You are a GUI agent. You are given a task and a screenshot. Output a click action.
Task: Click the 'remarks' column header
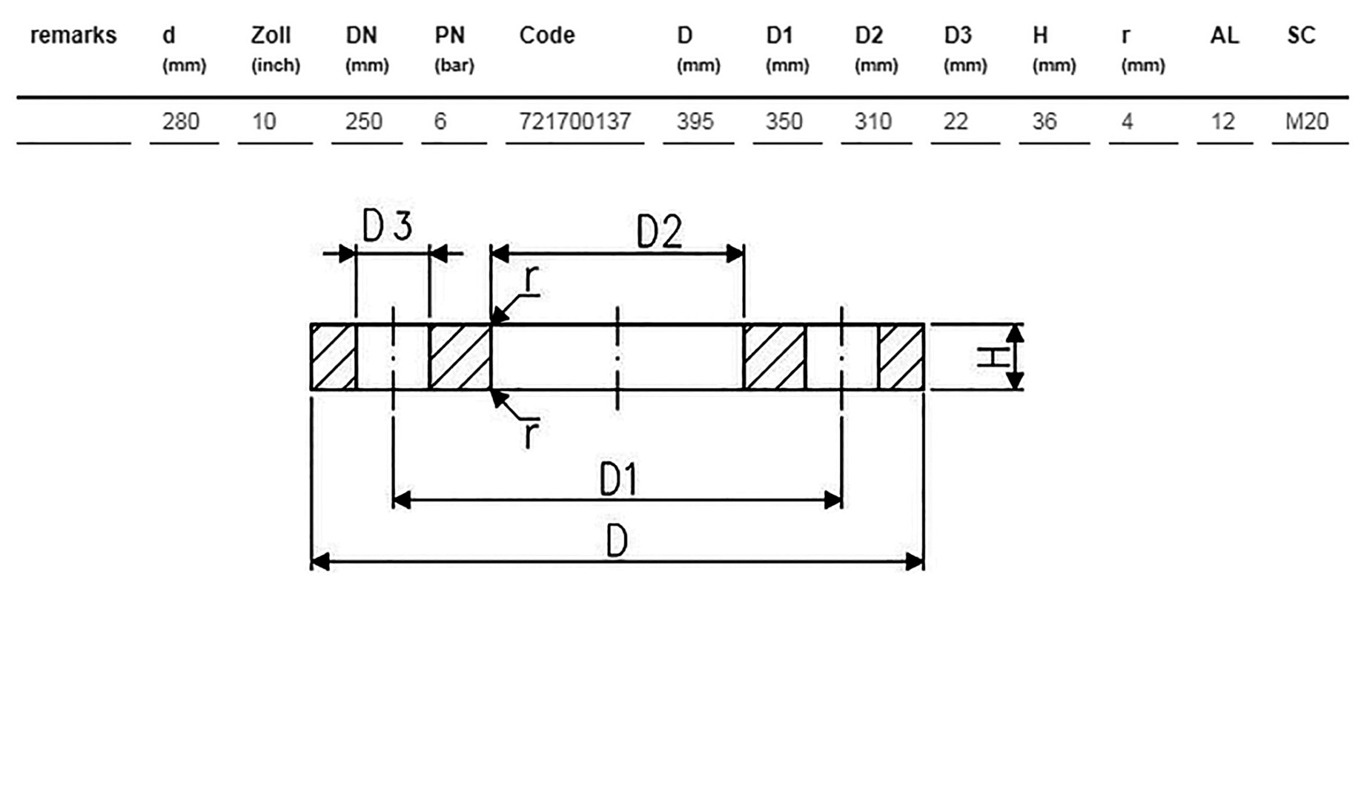(x=73, y=35)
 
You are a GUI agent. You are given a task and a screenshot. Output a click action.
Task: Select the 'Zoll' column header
(x=271, y=35)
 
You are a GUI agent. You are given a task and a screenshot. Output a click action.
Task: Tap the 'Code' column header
(x=547, y=35)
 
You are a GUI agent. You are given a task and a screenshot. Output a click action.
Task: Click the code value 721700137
(x=575, y=121)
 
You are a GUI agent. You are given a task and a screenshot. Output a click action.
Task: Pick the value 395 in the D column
(x=695, y=121)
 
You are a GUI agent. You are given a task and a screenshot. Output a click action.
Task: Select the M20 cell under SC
(x=1307, y=121)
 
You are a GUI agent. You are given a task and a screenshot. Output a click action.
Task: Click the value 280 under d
(x=181, y=121)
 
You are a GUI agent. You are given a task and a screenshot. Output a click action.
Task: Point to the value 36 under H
(x=1044, y=121)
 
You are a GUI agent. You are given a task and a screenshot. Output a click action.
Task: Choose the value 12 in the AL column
(x=1223, y=121)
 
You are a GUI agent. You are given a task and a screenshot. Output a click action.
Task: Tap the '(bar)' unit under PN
(x=454, y=65)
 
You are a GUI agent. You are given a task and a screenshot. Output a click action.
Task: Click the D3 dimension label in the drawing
(x=387, y=225)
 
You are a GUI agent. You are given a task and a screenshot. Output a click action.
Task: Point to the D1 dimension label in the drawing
(x=618, y=480)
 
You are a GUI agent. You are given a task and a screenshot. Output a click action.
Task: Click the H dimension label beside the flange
(x=993, y=357)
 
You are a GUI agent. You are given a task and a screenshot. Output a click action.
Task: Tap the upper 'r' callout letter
(x=531, y=280)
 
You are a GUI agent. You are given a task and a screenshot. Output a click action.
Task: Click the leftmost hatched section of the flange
(x=334, y=357)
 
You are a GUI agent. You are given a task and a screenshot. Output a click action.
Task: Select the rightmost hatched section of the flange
(x=901, y=357)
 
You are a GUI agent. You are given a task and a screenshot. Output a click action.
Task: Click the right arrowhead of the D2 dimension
(x=735, y=254)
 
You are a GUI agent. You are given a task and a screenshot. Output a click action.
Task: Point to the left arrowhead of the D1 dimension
(x=402, y=500)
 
